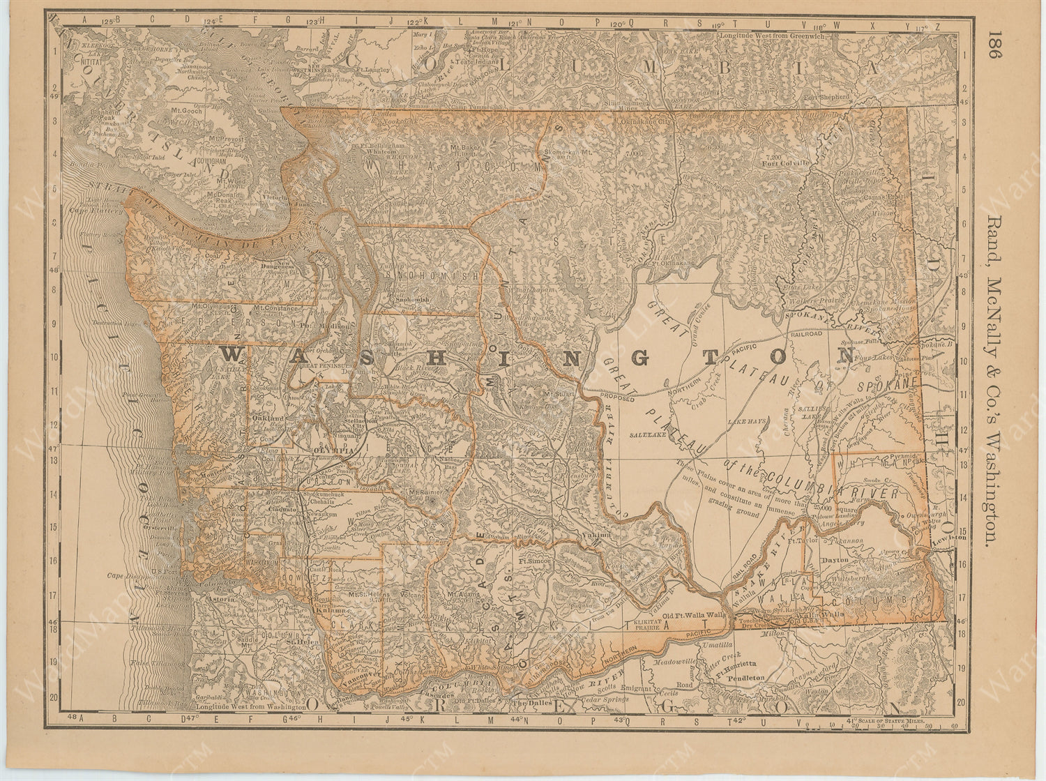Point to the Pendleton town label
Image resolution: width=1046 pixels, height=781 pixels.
(745, 677)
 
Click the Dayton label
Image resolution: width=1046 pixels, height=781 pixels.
(840, 559)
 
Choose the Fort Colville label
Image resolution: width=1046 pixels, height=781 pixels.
(786, 163)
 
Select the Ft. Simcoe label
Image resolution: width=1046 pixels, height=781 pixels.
(535, 560)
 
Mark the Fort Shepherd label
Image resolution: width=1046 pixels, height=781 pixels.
(826, 97)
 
